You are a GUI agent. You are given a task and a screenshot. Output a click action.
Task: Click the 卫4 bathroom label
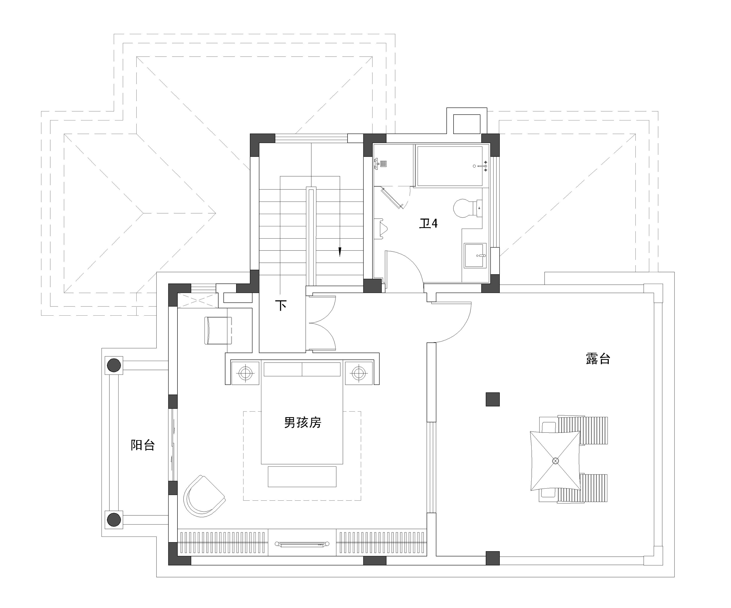pyautogui.click(x=428, y=223)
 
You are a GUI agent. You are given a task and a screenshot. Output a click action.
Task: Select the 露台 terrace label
pyautogui.click(x=598, y=358)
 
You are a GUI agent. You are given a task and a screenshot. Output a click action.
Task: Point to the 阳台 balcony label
pyautogui.click(x=143, y=445)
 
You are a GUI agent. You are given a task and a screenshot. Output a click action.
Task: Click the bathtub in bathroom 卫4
pyautogui.click(x=450, y=166)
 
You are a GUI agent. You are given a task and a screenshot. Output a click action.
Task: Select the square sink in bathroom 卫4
pyautogui.click(x=475, y=255)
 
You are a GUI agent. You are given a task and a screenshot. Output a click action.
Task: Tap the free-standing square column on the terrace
pyautogui.click(x=493, y=399)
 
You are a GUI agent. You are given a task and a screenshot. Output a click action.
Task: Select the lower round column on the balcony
pyautogui.click(x=113, y=520)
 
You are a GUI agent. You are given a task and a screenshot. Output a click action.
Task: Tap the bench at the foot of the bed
pyautogui.click(x=302, y=477)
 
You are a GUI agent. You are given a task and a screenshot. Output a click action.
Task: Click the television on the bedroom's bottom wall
pyautogui.click(x=302, y=543)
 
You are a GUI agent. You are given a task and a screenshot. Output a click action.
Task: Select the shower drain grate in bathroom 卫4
pyautogui.click(x=383, y=164)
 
